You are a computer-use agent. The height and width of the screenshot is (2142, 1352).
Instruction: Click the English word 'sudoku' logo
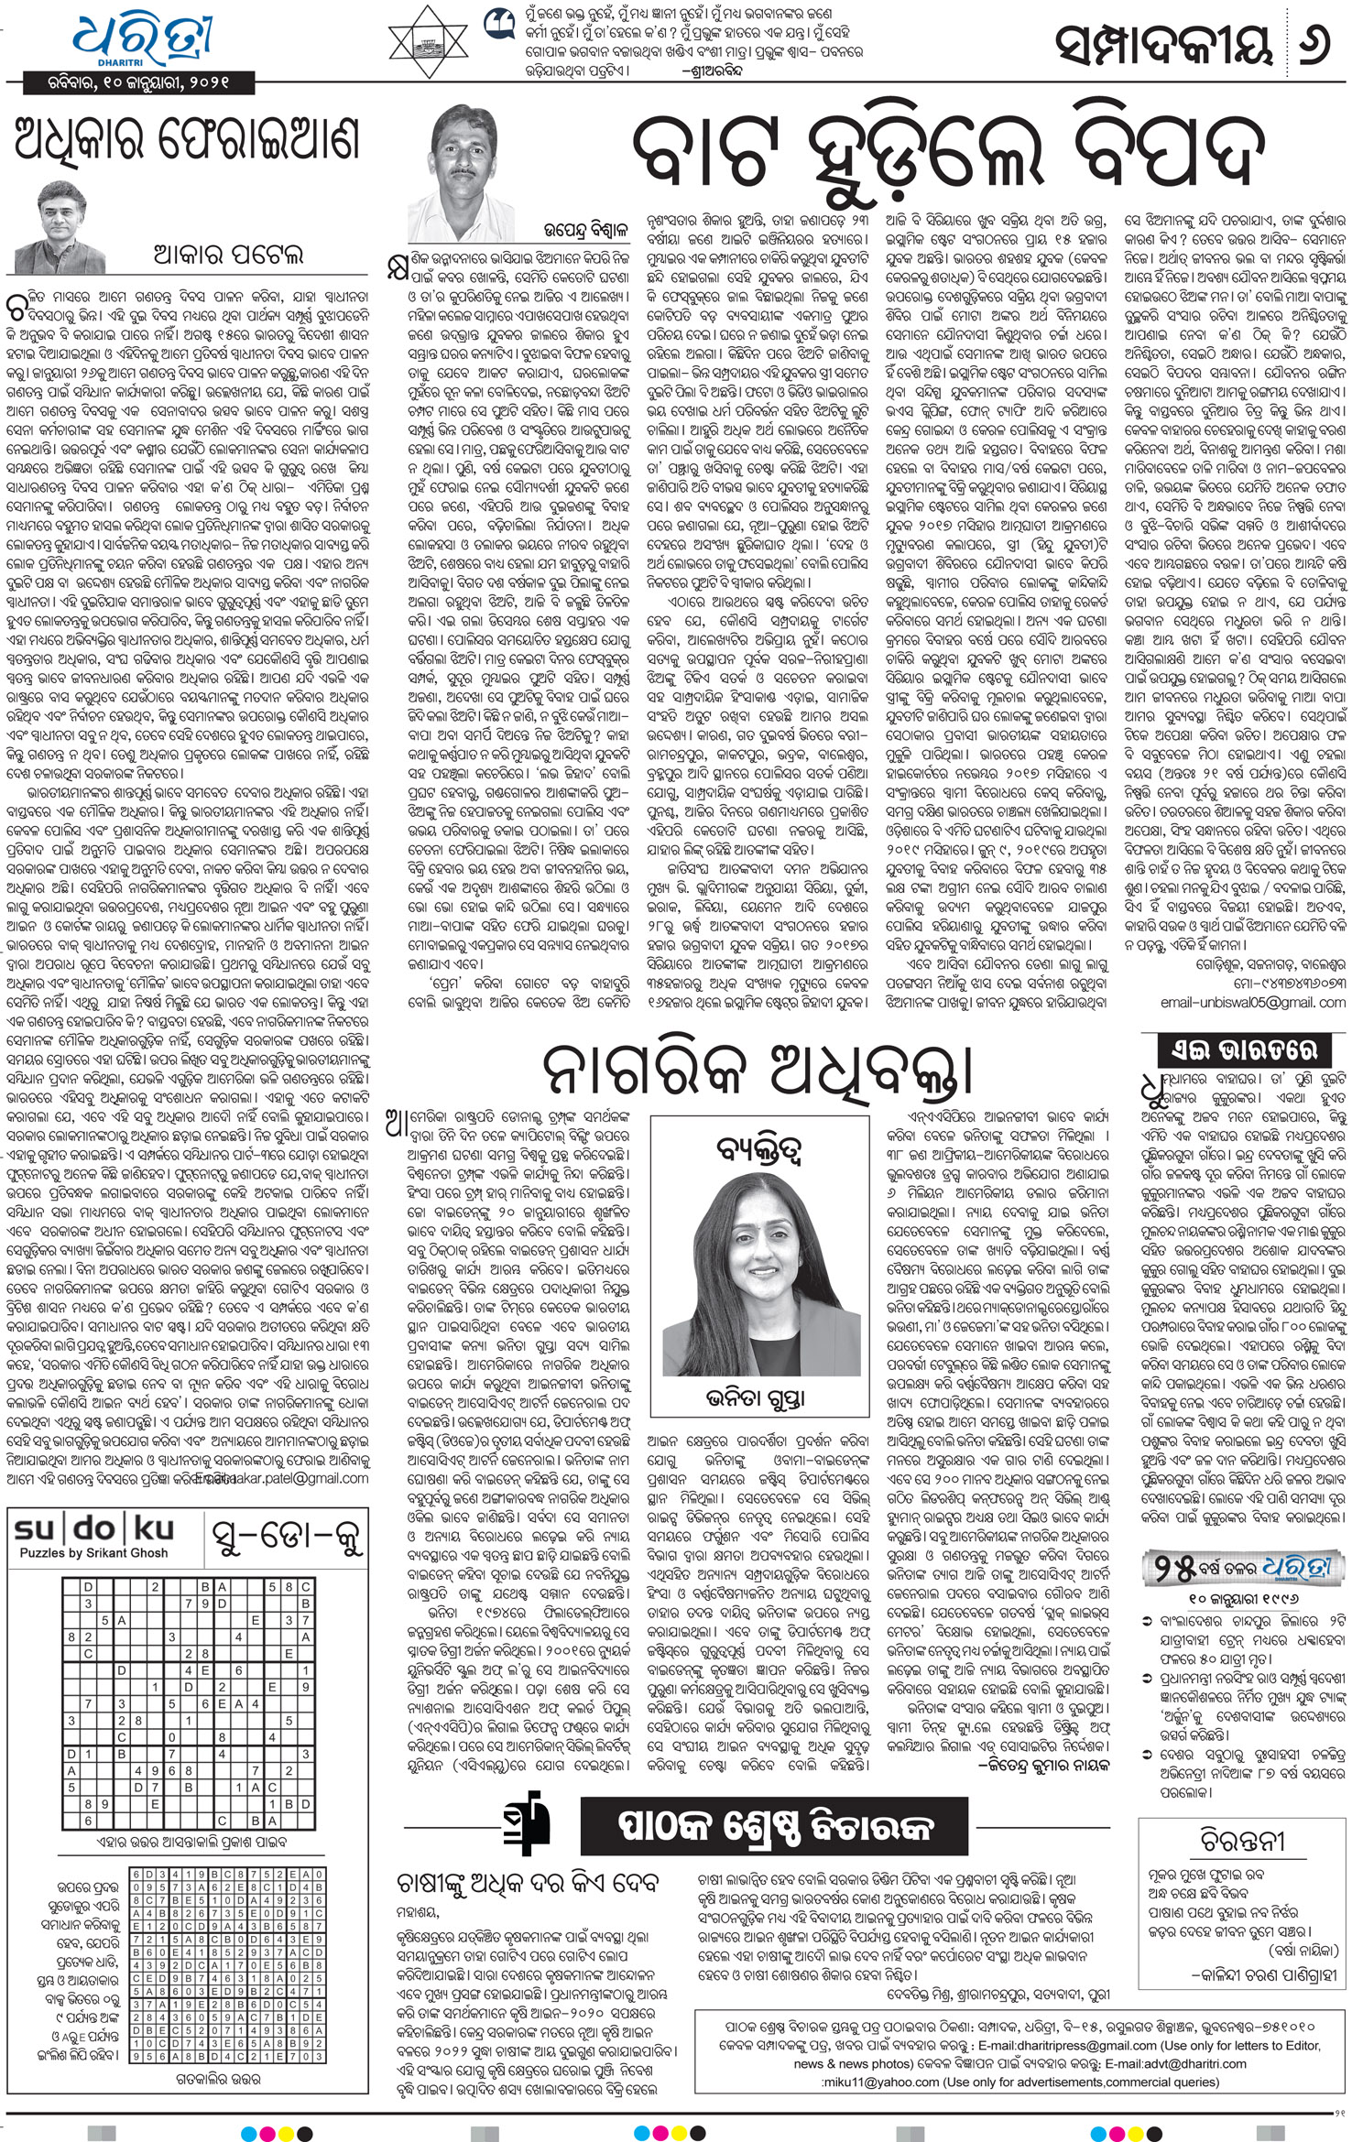[x=93, y=1528]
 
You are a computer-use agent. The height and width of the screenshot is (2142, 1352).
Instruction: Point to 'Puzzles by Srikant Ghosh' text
[x=93, y=1553]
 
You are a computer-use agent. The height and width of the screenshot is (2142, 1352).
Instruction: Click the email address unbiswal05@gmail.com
[x=1252, y=1003]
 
